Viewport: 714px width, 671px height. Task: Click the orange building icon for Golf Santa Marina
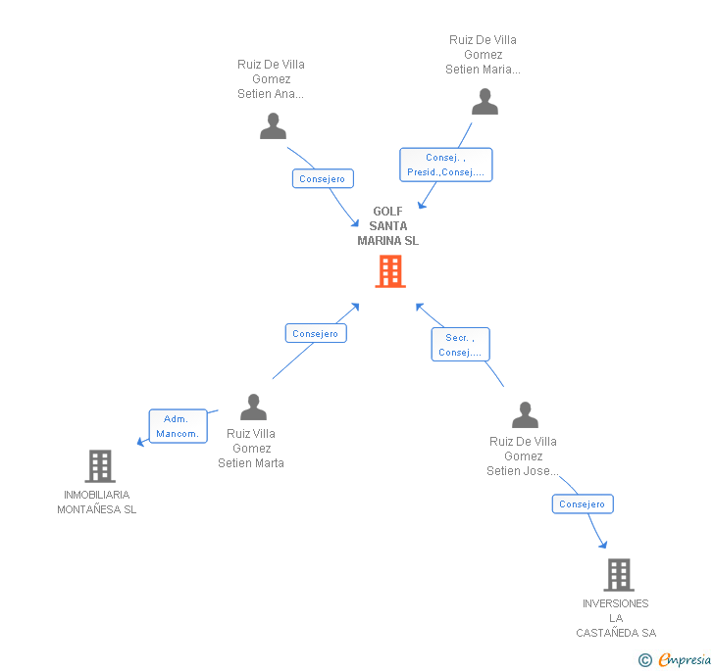click(x=390, y=271)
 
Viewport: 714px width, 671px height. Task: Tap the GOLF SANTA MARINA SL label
click(x=387, y=226)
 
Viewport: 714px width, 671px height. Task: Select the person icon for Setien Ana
click(x=273, y=126)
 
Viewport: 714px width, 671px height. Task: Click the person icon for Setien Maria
click(x=484, y=102)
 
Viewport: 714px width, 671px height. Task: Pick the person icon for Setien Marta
click(x=253, y=407)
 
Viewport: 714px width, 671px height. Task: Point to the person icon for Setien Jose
click(x=525, y=414)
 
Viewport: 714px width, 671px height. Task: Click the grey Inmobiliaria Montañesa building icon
click(x=99, y=466)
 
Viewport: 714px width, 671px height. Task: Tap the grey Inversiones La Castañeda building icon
click(x=618, y=575)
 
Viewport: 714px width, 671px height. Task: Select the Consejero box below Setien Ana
click(x=323, y=179)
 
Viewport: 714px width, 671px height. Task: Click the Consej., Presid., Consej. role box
click(x=445, y=165)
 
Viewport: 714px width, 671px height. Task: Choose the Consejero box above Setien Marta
click(x=316, y=333)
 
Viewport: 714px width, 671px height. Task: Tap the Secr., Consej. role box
click(x=460, y=345)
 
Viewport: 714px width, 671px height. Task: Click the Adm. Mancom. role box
click(x=178, y=426)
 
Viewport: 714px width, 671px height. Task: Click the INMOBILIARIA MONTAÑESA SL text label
click(x=96, y=502)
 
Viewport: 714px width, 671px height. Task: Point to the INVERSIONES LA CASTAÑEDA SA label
click(x=615, y=618)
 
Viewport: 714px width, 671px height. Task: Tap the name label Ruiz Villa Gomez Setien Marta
click(x=251, y=448)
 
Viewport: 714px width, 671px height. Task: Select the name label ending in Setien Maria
click(x=483, y=55)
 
